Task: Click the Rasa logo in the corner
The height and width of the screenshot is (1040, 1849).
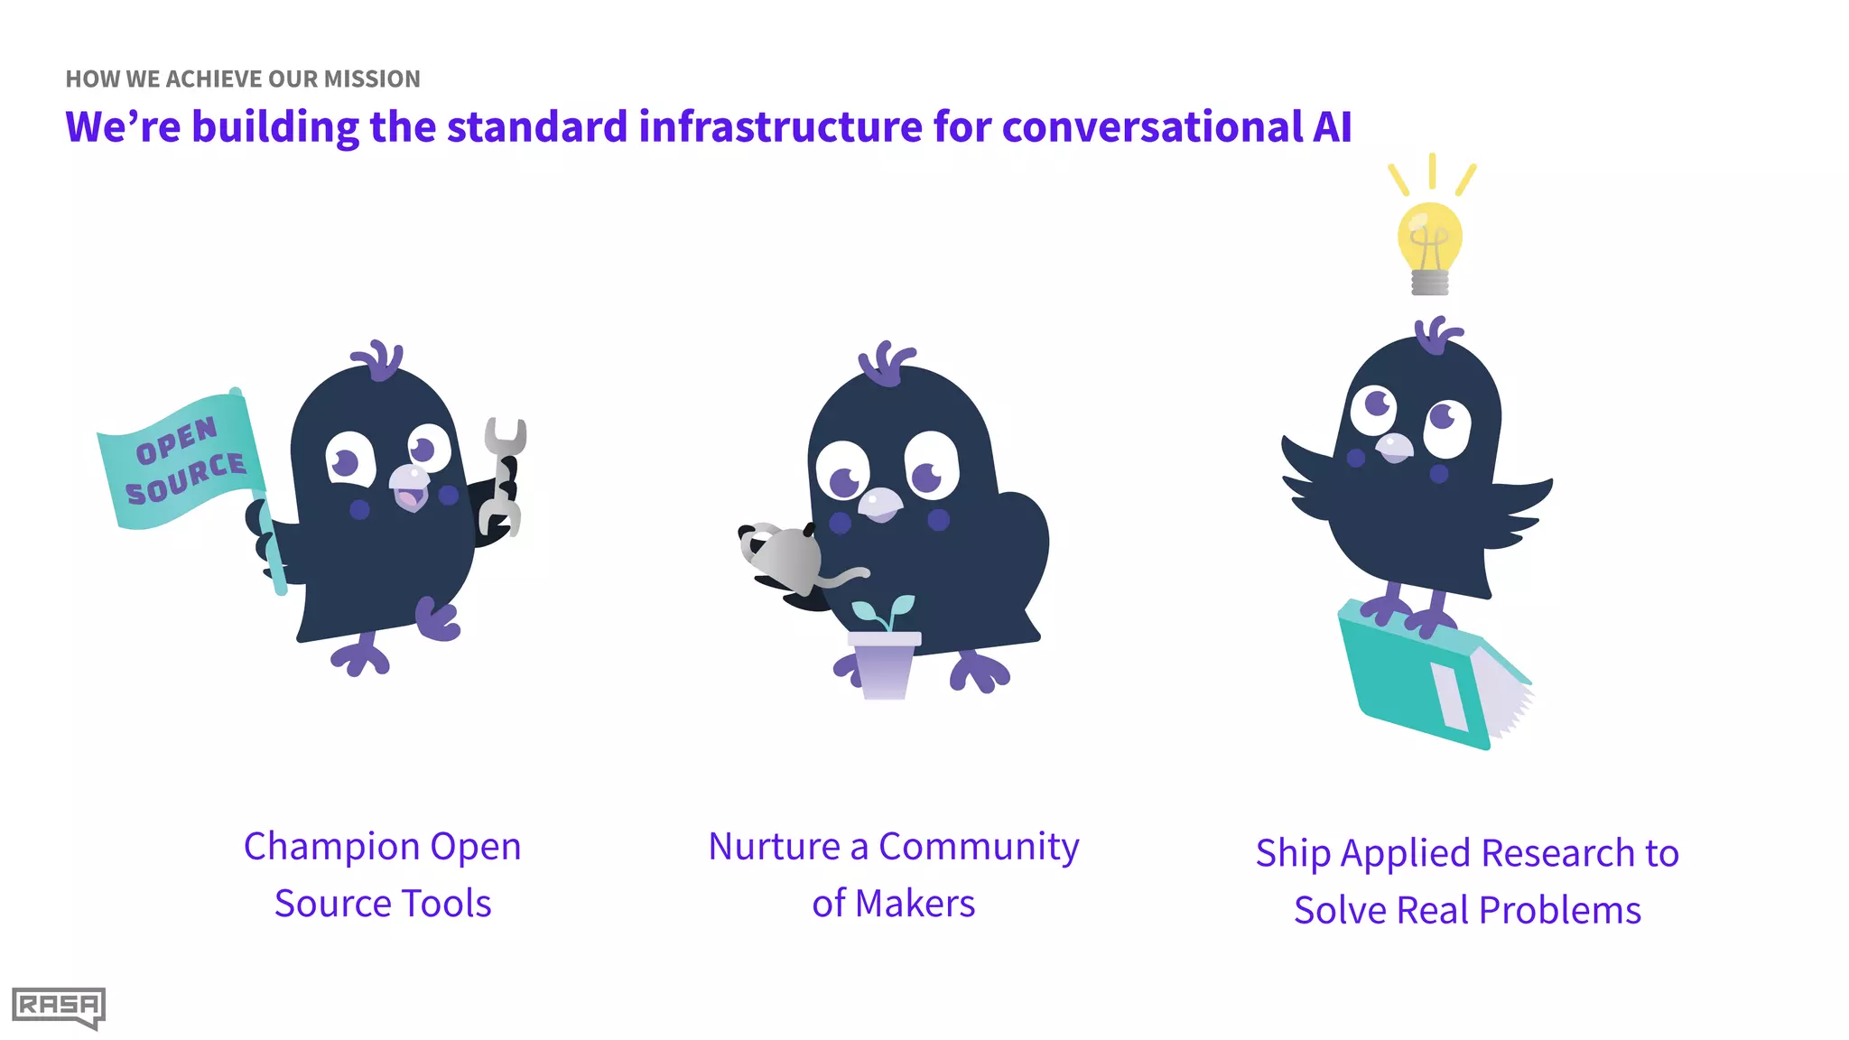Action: (59, 1007)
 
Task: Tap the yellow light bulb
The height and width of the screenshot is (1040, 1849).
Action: (1429, 239)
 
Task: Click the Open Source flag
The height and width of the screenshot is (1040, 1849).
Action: (181, 461)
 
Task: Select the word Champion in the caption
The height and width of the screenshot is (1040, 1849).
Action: (331, 847)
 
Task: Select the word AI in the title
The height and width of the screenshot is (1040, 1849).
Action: (1332, 126)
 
